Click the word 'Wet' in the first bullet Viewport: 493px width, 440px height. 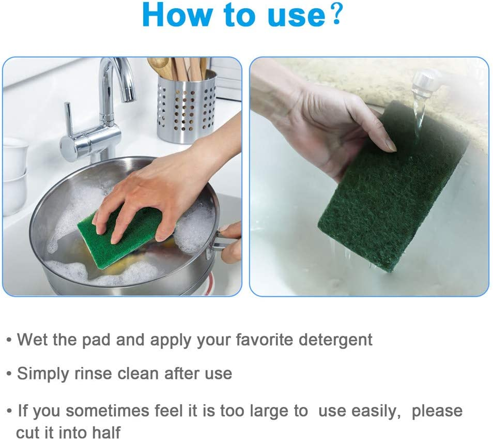pyautogui.click(x=32, y=340)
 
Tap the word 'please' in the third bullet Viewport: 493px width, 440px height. pyautogui.click(x=437, y=411)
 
